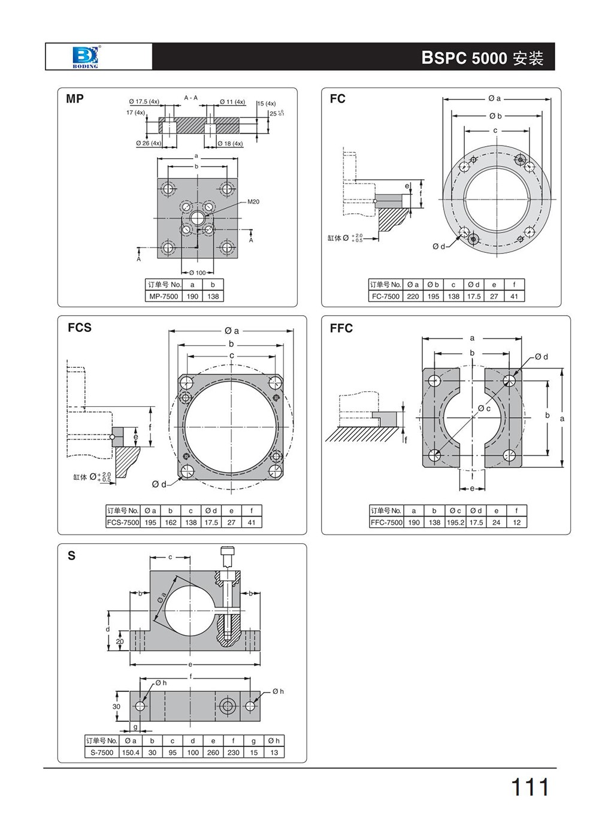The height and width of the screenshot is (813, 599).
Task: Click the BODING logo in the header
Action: [x=84, y=56]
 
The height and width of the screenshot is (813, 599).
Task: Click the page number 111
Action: [x=530, y=787]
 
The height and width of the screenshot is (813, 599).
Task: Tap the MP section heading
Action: [x=75, y=99]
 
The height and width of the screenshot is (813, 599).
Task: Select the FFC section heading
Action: [x=341, y=328]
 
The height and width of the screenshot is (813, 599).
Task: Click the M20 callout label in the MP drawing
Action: [x=253, y=202]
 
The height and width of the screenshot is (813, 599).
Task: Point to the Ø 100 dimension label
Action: [x=197, y=273]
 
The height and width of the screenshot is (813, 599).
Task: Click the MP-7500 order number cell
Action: [x=164, y=297]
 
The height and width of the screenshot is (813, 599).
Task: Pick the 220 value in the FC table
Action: [x=413, y=297]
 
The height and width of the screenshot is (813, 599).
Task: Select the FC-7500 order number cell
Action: [x=386, y=297]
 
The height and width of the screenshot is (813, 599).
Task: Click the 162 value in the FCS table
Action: [x=171, y=522]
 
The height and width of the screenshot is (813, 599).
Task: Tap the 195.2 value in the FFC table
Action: [x=455, y=522]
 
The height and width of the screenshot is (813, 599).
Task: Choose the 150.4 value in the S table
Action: [x=131, y=752]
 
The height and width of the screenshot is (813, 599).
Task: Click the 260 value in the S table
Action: [x=213, y=752]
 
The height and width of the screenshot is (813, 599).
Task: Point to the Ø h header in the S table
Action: [x=274, y=741]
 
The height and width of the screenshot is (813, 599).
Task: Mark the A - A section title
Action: [x=191, y=98]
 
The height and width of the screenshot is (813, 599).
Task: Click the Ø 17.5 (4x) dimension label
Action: [x=144, y=102]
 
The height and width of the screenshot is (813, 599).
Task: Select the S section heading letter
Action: [x=72, y=556]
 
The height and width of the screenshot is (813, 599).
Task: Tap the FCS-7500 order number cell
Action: [x=123, y=522]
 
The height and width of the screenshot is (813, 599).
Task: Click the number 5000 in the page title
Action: [x=489, y=58]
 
